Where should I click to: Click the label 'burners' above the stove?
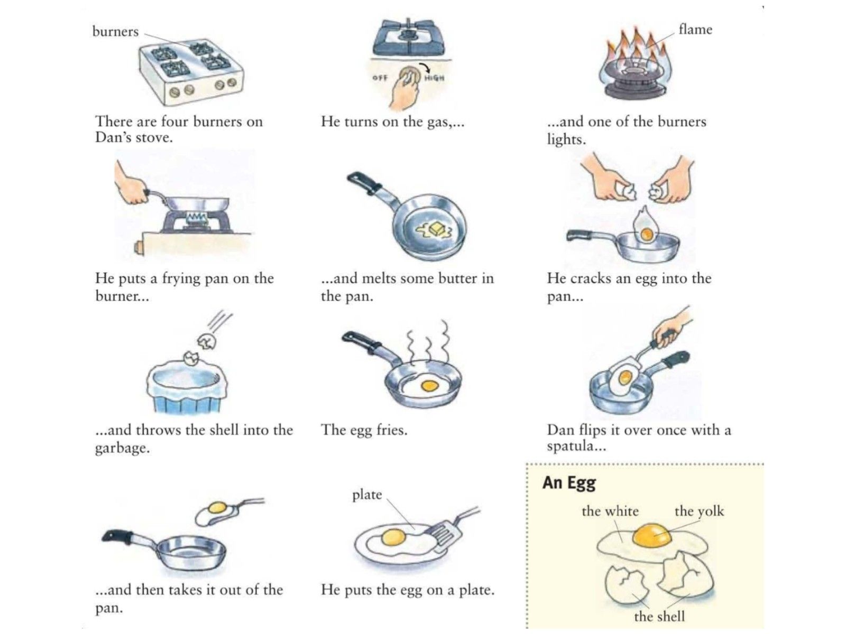tap(115, 31)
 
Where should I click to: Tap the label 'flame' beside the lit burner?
tap(695, 29)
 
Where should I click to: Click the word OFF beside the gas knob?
tap(380, 77)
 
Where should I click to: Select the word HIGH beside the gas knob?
tap(434, 78)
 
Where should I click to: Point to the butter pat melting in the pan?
tap(436, 229)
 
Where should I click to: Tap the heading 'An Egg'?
tap(569, 483)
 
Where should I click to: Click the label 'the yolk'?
tap(699, 511)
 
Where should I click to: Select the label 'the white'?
tap(610, 511)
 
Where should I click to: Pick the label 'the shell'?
tap(659, 616)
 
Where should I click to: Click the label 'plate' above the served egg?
tap(367, 495)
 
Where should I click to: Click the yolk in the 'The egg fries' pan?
tap(429, 385)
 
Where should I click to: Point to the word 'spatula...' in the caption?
tap(576, 446)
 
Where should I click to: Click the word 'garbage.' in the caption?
tap(122, 447)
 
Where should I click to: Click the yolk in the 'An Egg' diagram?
tap(651, 535)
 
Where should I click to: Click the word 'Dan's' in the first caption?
tap(112, 137)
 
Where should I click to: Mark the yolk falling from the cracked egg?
tap(646, 234)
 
